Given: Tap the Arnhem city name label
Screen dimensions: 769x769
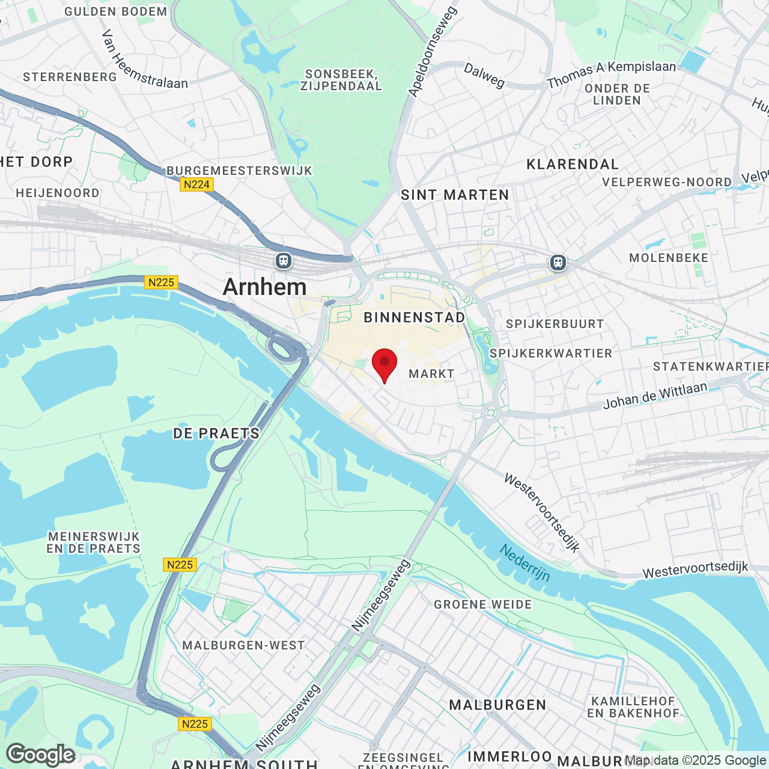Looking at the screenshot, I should (x=264, y=287).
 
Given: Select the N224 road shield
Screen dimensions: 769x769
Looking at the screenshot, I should (x=196, y=185).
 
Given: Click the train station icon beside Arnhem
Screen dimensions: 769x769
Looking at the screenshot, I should (x=284, y=261).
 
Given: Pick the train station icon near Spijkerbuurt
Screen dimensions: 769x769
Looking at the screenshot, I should (x=558, y=263).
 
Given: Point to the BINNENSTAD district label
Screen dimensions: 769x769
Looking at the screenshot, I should (x=415, y=317).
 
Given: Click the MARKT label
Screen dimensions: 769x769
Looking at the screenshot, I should (x=431, y=374).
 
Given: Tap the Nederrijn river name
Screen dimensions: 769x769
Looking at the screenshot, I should (x=525, y=563).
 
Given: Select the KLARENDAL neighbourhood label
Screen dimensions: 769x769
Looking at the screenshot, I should (x=573, y=165).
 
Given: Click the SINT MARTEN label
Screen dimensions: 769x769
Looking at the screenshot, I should (x=455, y=195).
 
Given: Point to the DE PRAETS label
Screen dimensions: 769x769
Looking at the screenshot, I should (x=216, y=433).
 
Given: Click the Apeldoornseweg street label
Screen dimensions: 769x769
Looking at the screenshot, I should (x=433, y=52).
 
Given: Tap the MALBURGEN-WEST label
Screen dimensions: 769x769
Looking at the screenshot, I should (x=243, y=645).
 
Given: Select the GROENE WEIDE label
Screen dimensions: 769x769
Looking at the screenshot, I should (x=483, y=604).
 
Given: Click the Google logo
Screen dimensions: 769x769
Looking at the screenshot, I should (x=41, y=755).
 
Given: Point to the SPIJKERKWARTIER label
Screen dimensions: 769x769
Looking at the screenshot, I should (x=551, y=353).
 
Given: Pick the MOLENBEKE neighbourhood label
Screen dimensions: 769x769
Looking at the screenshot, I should (x=669, y=258).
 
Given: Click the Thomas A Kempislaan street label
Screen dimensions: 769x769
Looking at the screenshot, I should (x=612, y=74).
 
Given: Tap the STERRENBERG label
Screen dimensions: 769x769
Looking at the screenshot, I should (x=70, y=77).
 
